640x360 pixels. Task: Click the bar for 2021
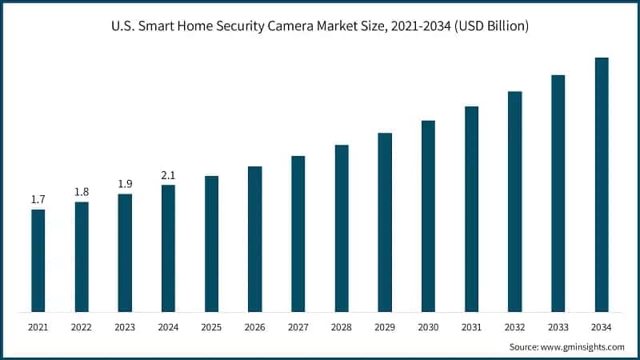pyautogui.click(x=38, y=261)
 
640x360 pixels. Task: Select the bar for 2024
pyautogui.click(x=168, y=248)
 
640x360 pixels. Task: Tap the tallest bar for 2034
pyautogui.click(x=602, y=184)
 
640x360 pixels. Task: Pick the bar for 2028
pyautogui.click(x=342, y=228)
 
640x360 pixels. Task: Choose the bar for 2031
pyautogui.click(x=471, y=209)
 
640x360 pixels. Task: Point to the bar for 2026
pyautogui.click(x=254, y=239)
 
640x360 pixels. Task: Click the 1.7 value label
pyautogui.click(x=38, y=199)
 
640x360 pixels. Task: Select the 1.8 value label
pyautogui.click(x=81, y=191)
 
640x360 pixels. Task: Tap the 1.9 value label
pyautogui.click(x=125, y=183)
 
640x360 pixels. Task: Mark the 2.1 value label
pyautogui.click(x=168, y=174)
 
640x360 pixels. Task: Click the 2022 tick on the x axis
pyautogui.click(x=81, y=327)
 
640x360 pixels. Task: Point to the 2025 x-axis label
pyautogui.click(x=211, y=327)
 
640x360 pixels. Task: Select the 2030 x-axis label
pyautogui.click(x=428, y=327)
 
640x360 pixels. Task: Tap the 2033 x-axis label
pyautogui.click(x=558, y=327)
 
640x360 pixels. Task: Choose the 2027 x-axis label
pyautogui.click(x=298, y=327)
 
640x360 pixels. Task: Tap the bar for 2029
pyautogui.click(x=385, y=222)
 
